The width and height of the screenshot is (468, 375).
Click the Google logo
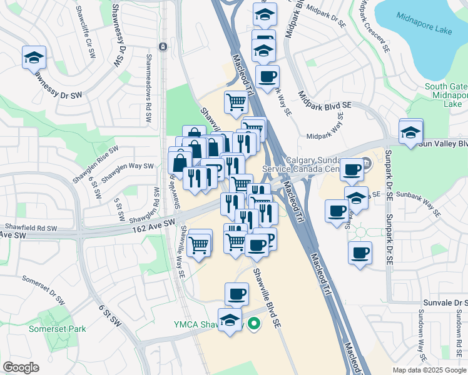[x=21, y=367]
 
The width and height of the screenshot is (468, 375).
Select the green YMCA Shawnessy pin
[x=253, y=323]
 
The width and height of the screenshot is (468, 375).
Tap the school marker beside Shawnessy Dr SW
[x=33, y=58]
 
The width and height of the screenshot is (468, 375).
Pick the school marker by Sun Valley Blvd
[x=410, y=132]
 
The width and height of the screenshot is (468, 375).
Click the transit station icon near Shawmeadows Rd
[x=163, y=46]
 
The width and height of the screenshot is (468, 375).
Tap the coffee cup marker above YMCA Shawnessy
[x=237, y=293]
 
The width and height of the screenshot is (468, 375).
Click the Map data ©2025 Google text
[x=429, y=370]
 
